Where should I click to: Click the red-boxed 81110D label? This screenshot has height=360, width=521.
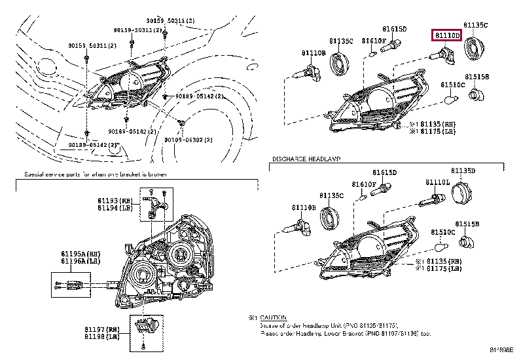(x=446, y=34)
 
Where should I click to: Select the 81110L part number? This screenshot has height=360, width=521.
(x=437, y=182)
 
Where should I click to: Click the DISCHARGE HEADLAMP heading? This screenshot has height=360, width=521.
(x=304, y=160)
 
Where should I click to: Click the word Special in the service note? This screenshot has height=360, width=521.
(x=35, y=175)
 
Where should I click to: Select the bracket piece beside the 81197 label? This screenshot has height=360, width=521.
(x=141, y=325)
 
